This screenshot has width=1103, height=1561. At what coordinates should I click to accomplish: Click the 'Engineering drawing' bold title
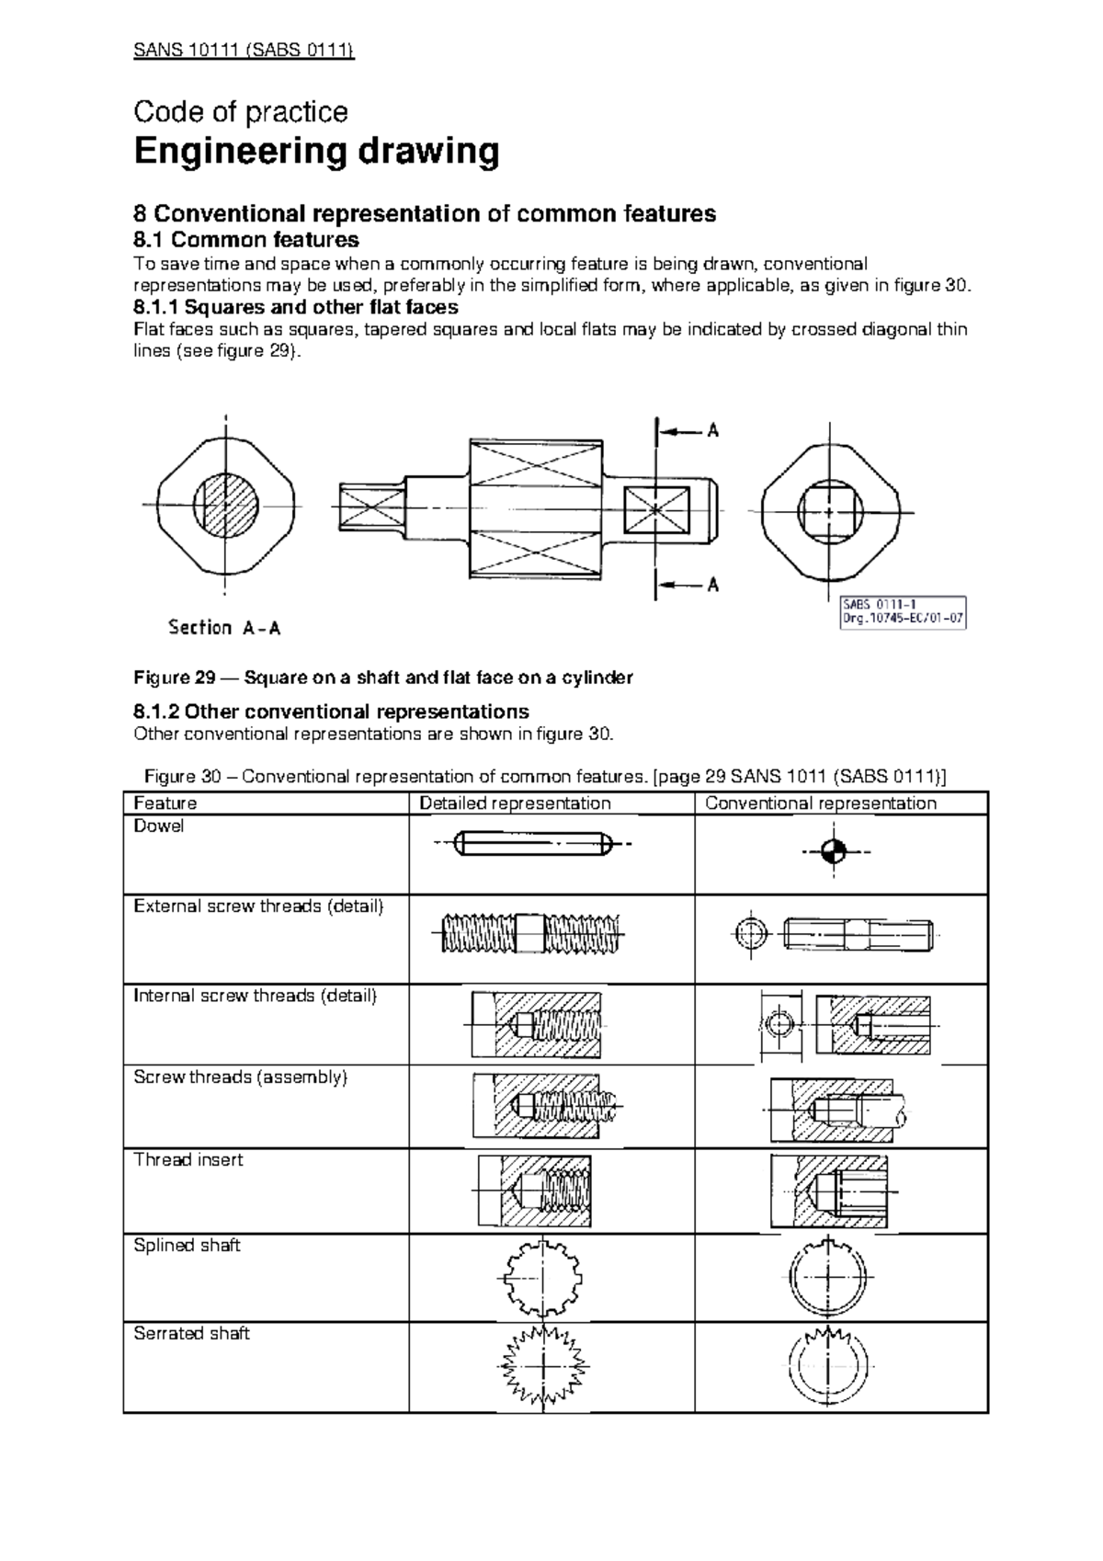click(316, 152)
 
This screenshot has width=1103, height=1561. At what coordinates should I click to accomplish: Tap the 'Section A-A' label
click(224, 628)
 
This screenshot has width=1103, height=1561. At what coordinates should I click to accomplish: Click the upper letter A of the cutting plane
click(712, 430)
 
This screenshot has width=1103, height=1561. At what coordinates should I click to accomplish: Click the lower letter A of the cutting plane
click(712, 584)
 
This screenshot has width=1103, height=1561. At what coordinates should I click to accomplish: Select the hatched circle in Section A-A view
click(226, 506)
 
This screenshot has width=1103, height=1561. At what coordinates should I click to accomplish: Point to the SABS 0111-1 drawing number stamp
click(904, 611)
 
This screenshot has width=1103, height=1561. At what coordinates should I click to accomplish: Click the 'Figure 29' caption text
click(383, 678)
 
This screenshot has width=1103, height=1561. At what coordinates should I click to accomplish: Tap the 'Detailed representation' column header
click(515, 803)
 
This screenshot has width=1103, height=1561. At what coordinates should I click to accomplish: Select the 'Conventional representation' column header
click(820, 803)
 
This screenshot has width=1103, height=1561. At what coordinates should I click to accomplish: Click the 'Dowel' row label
click(159, 826)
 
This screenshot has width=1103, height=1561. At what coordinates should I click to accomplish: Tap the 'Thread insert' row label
click(188, 1160)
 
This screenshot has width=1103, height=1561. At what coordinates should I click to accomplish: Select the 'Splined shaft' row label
click(187, 1246)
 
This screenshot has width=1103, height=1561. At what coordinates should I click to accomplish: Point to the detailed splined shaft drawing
click(544, 1279)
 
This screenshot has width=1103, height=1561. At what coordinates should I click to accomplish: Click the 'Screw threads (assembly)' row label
click(241, 1077)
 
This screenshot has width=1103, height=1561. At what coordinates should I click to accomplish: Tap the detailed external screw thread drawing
click(531, 935)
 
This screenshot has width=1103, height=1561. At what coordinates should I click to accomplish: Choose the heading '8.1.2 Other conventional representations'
click(331, 712)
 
